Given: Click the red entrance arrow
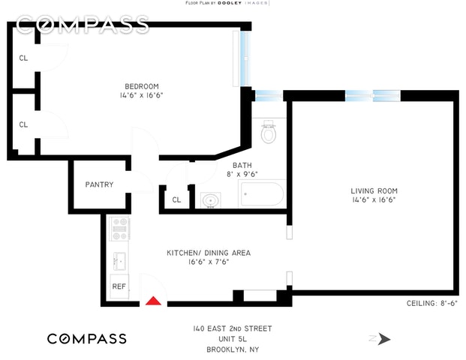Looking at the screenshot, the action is pos(153,301).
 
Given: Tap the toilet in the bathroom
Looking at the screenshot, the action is pos(268,134).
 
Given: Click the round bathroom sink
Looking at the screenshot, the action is pos(210,200).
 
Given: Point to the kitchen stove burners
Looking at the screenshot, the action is pos(119,228).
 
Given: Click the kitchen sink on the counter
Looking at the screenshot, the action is pos(119,261).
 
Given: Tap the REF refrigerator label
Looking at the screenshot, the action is pos(119,286).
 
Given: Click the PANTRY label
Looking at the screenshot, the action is pos(99,184).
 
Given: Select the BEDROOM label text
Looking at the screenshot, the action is pos(142,85).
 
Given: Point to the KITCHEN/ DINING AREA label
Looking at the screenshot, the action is pos(208,253).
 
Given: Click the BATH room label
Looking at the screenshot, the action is pos(242,166).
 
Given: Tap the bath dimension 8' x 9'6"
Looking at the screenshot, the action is pos(242,175).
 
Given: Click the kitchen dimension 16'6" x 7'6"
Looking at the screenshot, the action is pos(208,262).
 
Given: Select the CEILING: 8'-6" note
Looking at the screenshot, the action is pos(425,303).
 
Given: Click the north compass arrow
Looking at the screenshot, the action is pos(384,339).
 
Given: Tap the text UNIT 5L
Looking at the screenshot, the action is pos(230,338).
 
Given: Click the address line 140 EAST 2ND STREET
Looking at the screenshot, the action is pos(230,328).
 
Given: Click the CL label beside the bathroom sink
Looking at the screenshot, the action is pos(176,199).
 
